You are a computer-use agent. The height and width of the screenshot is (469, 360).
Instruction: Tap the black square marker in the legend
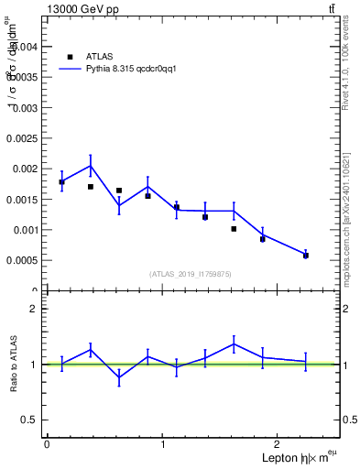70,56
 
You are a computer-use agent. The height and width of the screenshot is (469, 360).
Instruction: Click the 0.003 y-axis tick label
25,107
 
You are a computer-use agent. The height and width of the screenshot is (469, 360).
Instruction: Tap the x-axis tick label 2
278,444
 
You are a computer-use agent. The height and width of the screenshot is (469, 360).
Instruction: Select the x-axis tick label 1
163,444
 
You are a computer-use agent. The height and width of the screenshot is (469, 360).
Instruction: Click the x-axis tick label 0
47,444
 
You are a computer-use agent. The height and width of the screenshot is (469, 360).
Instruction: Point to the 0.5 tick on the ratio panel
30,420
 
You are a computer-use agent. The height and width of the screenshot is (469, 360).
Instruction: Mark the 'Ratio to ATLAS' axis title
12,364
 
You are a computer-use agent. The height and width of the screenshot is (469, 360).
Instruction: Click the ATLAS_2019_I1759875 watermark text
191,273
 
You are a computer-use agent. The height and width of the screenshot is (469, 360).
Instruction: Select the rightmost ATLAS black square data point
306,256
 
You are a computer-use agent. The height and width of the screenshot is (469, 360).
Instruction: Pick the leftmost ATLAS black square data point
61,182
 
